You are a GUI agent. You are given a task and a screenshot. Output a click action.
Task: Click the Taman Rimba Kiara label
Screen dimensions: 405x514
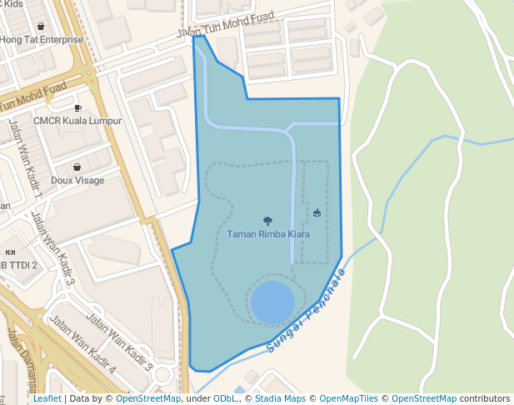pyautogui.click(x=268, y=234)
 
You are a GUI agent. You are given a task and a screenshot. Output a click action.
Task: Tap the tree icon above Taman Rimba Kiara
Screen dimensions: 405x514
pyautogui.click(x=267, y=221)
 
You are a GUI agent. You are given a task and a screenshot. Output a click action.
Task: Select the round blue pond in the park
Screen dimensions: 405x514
pyautogui.click(x=272, y=302)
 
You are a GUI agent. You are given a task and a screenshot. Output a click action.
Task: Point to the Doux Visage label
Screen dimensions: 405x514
pyautogui.click(x=77, y=180)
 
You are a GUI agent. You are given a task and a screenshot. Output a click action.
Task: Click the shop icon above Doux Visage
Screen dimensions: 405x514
pyautogui.click(x=77, y=167)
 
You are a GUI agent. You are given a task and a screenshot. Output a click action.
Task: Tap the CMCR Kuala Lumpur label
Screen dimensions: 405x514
pyautogui.click(x=77, y=121)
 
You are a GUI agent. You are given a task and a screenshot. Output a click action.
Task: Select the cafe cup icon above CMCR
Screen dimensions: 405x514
pyautogui.click(x=77, y=107)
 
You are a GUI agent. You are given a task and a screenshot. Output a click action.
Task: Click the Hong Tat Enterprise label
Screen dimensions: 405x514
pyautogui.click(x=42, y=39)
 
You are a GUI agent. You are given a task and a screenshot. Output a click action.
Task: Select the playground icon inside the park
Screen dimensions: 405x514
pyautogui.click(x=317, y=214)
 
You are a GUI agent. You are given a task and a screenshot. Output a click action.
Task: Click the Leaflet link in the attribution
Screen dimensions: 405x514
pyautogui.click(x=47, y=399)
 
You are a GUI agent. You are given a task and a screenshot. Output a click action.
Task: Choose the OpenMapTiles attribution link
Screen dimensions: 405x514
pyautogui.click(x=348, y=399)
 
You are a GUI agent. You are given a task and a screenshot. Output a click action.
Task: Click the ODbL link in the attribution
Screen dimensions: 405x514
pyautogui.click(x=224, y=399)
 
